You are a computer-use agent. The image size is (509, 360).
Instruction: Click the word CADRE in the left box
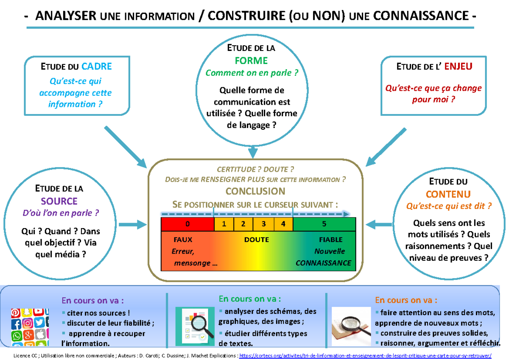click(97, 67)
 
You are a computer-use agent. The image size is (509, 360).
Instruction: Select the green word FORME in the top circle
click(251, 61)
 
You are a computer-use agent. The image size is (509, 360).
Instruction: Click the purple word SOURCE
click(59, 201)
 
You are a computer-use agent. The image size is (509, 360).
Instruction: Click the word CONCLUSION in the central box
click(255, 191)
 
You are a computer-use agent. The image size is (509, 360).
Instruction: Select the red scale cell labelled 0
click(187, 224)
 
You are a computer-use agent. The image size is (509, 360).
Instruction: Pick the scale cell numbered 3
click(263, 224)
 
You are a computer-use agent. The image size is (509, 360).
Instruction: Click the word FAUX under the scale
click(183, 240)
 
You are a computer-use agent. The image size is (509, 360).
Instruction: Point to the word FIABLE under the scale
click(331, 240)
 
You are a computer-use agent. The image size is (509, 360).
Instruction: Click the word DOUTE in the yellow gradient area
click(256, 240)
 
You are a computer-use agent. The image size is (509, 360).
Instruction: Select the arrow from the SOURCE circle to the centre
click(132, 224)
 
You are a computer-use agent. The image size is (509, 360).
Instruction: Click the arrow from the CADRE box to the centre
click(125, 146)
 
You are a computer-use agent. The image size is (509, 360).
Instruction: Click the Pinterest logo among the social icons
click(16, 313)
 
